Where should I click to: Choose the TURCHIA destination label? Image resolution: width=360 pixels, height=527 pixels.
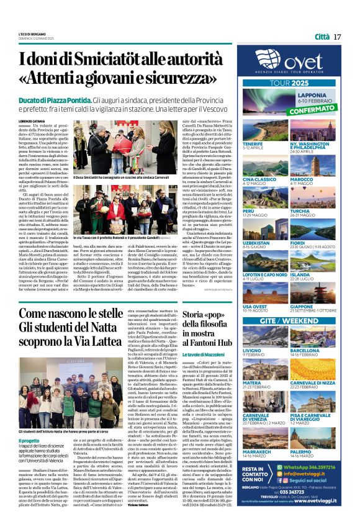tap(317, 211)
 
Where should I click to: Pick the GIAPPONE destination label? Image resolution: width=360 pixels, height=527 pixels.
tap(318, 306)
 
